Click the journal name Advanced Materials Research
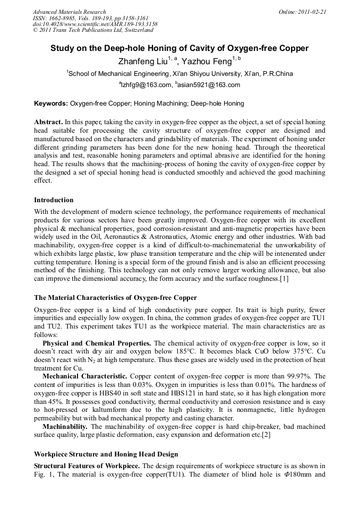point(69,12)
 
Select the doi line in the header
point(95,24)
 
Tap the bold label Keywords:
point(50,103)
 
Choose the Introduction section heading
point(54,200)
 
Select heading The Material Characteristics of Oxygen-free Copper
point(115,298)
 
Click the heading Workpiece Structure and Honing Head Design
point(106,454)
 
